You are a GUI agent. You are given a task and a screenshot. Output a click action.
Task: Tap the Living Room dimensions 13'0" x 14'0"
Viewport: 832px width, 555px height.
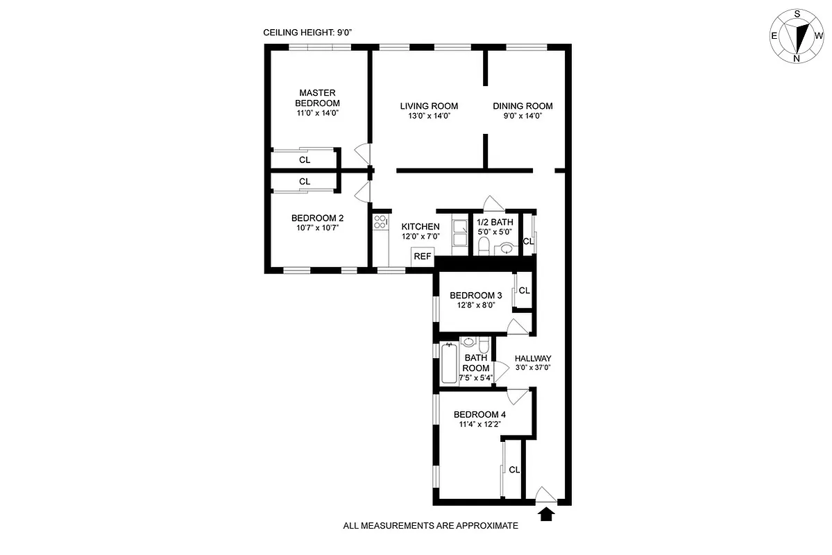[429, 117]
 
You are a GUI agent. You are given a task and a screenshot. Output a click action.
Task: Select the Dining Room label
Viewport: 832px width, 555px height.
[523, 106]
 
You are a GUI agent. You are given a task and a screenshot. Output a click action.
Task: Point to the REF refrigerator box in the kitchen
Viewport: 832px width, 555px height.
[422, 256]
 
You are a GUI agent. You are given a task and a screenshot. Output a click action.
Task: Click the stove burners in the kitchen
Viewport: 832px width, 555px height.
[380, 222]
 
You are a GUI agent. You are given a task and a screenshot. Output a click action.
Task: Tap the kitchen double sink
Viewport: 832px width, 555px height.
[459, 232]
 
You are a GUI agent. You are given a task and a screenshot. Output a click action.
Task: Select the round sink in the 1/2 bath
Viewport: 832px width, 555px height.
[507, 248]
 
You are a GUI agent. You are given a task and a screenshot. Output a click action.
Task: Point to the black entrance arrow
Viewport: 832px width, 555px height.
[547, 514]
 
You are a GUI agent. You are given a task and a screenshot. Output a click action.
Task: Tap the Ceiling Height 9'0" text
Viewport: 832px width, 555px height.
[303, 33]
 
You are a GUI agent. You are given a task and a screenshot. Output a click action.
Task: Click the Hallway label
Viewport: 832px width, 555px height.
[533, 359]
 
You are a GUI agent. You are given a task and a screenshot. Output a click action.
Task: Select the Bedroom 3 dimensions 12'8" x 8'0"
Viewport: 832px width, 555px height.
[475, 305]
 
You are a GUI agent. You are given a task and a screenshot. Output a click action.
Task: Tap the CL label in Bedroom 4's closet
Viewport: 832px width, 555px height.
[514, 470]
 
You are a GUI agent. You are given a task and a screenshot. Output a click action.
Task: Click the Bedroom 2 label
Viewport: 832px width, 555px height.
[317, 217]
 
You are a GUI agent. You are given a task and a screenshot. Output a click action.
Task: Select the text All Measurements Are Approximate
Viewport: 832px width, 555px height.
[430, 526]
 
